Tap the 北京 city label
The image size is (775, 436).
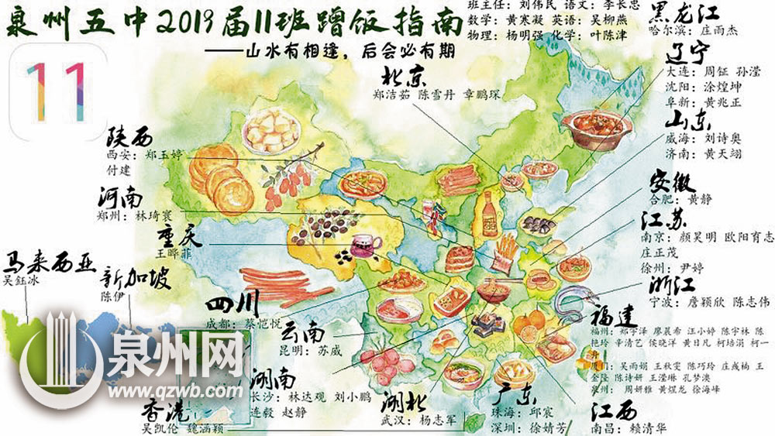[x=403, y=78]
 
